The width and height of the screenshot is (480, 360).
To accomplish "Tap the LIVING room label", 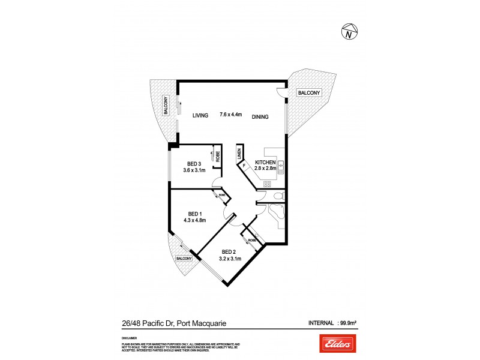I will click(x=200, y=116).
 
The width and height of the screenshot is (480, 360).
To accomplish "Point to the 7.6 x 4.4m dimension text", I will click(x=230, y=115).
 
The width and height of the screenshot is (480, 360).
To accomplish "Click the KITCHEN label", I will click(x=265, y=163).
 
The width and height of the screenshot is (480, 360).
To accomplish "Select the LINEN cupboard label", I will click(x=239, y=155).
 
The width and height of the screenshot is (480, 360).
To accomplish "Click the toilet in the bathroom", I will click(x=278, y=197).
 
